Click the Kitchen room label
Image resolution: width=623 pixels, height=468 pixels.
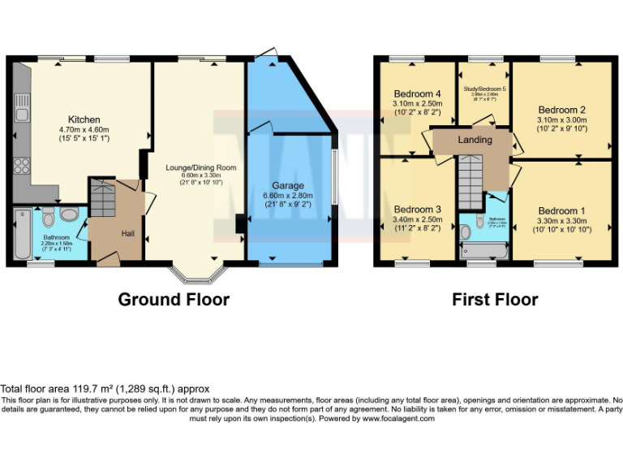tap(84, 119)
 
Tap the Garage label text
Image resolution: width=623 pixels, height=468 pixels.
tap(288, 185)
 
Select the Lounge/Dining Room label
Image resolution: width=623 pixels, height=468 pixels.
tap(200, 168)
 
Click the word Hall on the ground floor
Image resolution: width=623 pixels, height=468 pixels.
tap(128, 233)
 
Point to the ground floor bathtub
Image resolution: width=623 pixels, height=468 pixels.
tap(23, 234)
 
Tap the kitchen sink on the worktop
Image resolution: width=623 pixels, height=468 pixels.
tap(21, 104)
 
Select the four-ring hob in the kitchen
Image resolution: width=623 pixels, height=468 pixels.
tap(22, 167)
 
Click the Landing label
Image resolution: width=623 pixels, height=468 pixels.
tap(475, 140)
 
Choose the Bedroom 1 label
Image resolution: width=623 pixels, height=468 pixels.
tap(561, 210)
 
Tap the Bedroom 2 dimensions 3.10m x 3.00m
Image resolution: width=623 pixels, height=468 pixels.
tap(561, 119)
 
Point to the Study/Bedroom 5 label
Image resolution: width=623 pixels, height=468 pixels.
tap(484, 88)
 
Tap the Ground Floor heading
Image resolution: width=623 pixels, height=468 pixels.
tap(174, 299)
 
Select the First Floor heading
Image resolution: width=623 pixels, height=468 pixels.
tap(495, 299)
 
